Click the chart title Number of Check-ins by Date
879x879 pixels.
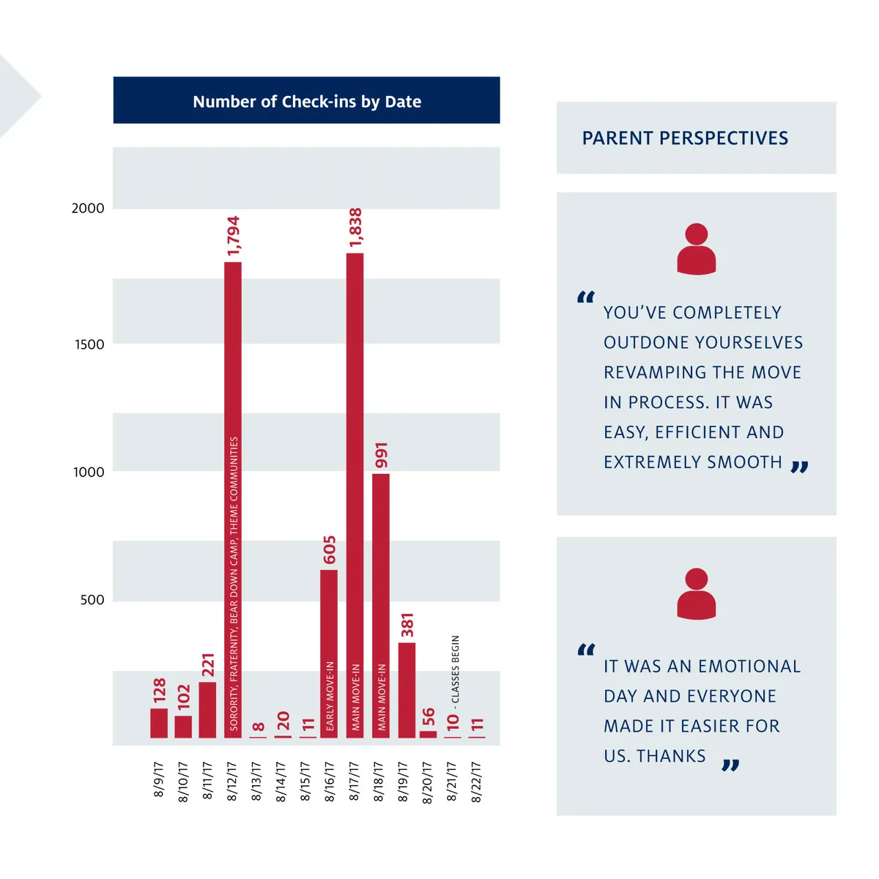click(307, 102)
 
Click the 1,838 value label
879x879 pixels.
click(356, 228)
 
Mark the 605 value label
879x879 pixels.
click(330, 550)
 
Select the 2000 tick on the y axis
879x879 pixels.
click(88, 208)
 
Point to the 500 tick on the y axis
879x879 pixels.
click(92, 600)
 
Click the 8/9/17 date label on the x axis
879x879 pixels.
click(159, 779)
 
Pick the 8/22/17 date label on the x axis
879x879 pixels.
click(477, 782)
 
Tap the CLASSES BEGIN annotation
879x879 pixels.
click(456, 669)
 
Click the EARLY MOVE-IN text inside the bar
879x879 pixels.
click(330, 696)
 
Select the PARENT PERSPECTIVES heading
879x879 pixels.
click(685, 138)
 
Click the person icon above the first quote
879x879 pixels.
click(696, 249)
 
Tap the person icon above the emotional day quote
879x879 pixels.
click(696, 593)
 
